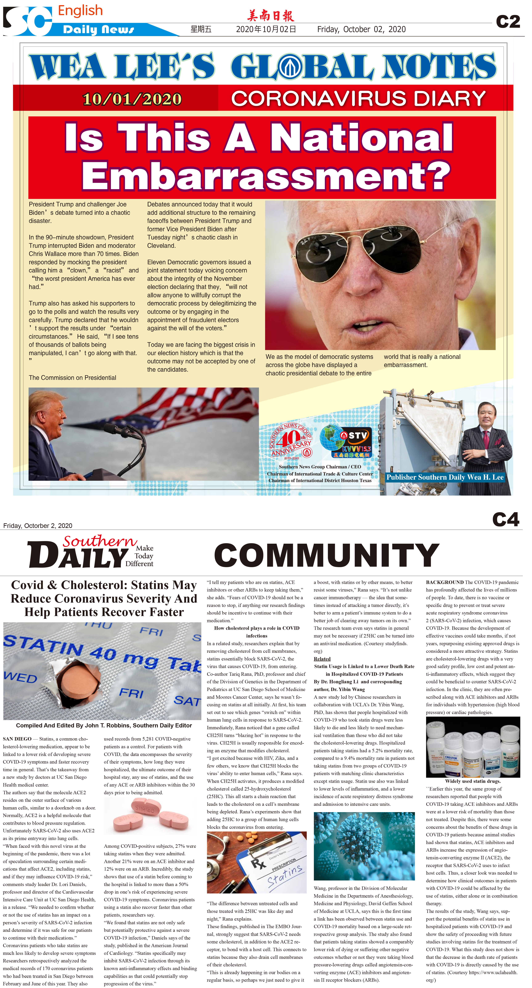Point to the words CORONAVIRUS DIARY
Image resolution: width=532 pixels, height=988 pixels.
(358, 99)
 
